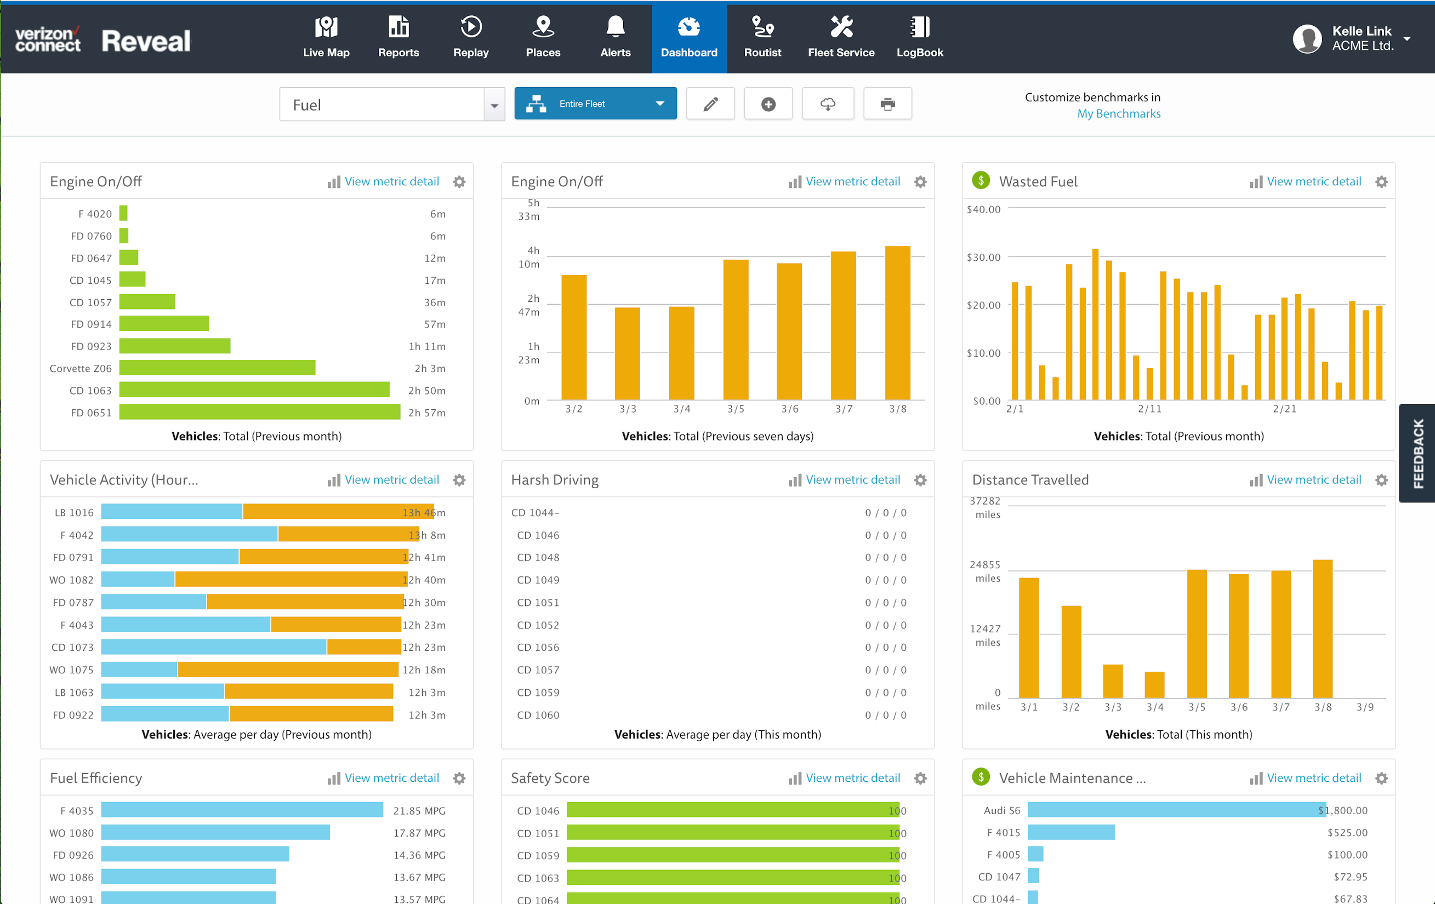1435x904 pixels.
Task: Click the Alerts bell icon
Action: [x=615, y=27]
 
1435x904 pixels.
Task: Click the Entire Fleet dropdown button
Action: [x=595, y=104]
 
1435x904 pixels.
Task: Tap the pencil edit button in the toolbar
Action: [x=710, y=104]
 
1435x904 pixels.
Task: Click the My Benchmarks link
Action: [x=1118, y=114]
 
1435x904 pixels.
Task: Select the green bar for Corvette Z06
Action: [x=217, y=368]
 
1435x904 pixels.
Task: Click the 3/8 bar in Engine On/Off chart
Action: [x=897, y=323]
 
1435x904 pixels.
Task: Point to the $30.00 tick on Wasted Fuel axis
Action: [x=983, y=258]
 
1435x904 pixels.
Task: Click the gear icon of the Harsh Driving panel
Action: [x=920, y=480]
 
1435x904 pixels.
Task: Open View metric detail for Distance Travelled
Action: [x=1313, y=480]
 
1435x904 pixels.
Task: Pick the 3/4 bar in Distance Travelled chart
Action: [x=1154, y=684]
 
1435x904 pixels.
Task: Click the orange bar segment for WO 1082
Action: [x=291, y=580]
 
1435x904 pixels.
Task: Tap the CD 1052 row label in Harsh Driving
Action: [x=538, y=625]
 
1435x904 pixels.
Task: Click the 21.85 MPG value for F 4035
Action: [x=419, y=810]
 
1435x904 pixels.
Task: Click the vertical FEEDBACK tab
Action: [x=1417, y=453]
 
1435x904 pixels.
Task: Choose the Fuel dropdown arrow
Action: [x=494, y=105]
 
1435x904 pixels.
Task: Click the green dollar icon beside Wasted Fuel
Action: [x=980, y=180]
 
